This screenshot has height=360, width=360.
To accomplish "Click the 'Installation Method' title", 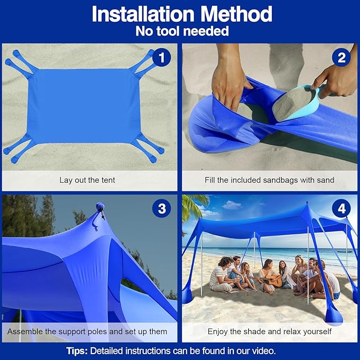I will tap(182, 14).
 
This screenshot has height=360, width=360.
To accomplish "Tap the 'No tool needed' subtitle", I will tap(182, 31).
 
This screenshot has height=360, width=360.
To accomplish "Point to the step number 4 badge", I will tap(341, 209).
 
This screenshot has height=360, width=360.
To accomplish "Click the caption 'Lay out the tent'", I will tap(87, 180).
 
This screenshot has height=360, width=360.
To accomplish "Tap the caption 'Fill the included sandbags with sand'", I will tap(269, 180).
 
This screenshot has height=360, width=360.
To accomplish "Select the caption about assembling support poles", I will tap(87, 332).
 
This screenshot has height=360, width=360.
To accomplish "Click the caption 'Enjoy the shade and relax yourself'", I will tap(269, 332).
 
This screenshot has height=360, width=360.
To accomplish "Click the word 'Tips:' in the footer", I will tap(77, 350).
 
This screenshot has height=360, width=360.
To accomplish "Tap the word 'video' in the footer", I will tap(263, 350).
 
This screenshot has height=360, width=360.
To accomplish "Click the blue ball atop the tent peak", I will tap(100, 206).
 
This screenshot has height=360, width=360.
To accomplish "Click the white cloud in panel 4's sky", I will tap(232, 204).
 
